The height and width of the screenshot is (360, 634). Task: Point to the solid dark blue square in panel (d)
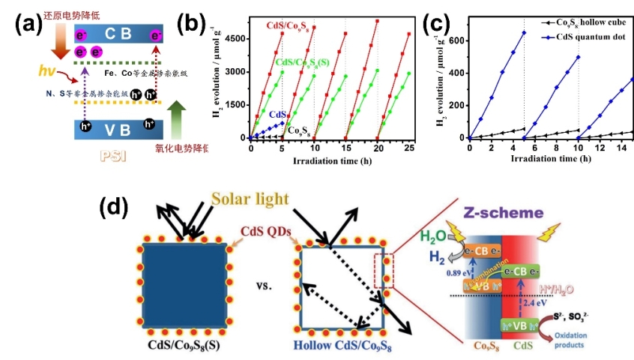[184, 285]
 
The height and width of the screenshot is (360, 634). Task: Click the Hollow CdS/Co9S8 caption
[341, 347]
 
